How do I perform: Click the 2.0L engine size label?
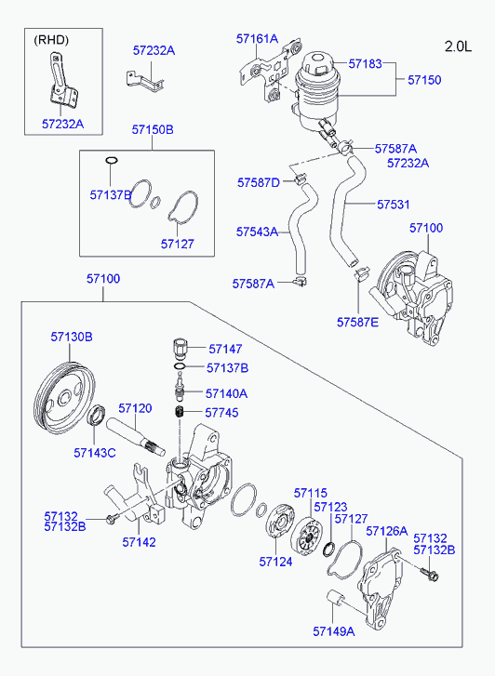[x=458, y=46]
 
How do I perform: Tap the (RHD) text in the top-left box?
[x=51, y=40]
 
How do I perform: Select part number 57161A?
[x=257, y=39]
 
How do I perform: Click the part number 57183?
[x=365, y=64]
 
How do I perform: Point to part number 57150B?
[x=153, y=129]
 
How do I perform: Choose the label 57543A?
[x=257, y=232]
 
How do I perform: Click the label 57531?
[x=394, y=205]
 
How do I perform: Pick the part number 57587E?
[x=357, y=322]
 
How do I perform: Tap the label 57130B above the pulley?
[x=72, y=337]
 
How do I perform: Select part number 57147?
[x=225, y=349]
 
